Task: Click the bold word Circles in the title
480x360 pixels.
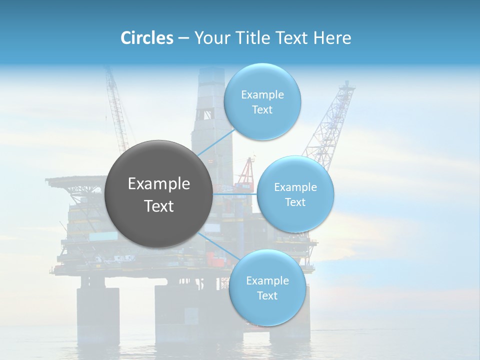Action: pos(147,38)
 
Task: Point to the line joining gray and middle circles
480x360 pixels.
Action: pos(235,193)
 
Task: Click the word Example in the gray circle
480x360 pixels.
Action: pos(158,184)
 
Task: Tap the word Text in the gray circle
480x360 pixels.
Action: pos(158,206)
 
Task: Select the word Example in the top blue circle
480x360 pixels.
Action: pos(262,95)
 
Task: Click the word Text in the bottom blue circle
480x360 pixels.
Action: pos(267,295)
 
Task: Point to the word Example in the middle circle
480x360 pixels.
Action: pos(295,187)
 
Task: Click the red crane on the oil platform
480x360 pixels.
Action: pos(245,175)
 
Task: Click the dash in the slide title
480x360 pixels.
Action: pos(183,38)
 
